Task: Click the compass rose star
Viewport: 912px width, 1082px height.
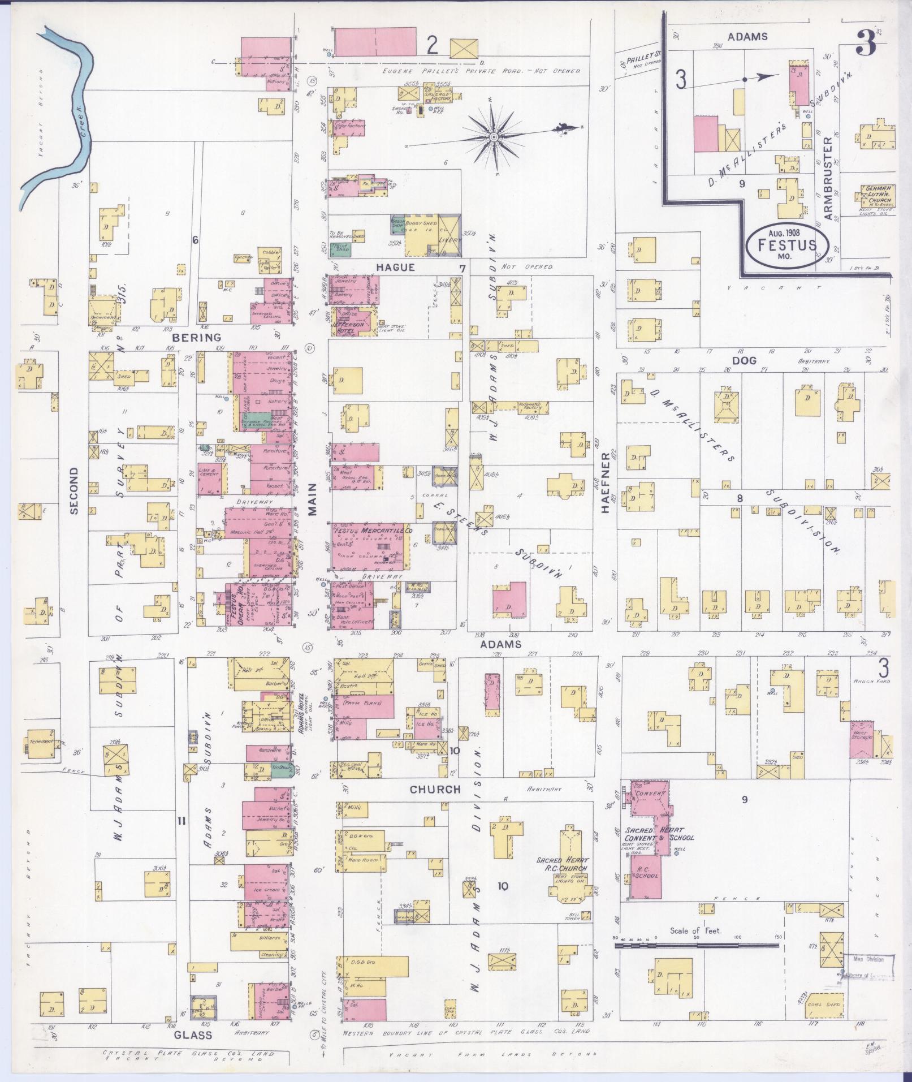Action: click(x=494, y=137)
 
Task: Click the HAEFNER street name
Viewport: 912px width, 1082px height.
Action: click(x=605, y=482)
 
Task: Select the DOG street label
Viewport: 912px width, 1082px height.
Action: click(x=744, y=360)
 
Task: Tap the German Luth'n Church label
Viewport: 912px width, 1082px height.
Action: click(x=876, y=193)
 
